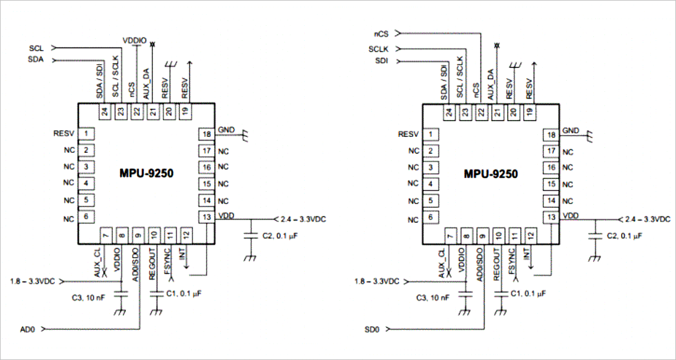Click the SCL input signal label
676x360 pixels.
36,47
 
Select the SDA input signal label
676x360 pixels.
36,60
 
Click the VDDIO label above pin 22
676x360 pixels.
134,40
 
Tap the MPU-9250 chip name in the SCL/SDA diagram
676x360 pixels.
146,174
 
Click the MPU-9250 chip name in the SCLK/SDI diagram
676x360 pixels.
491,174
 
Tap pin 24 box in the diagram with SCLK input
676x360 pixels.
450,112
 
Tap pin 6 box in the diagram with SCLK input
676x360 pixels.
432,217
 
